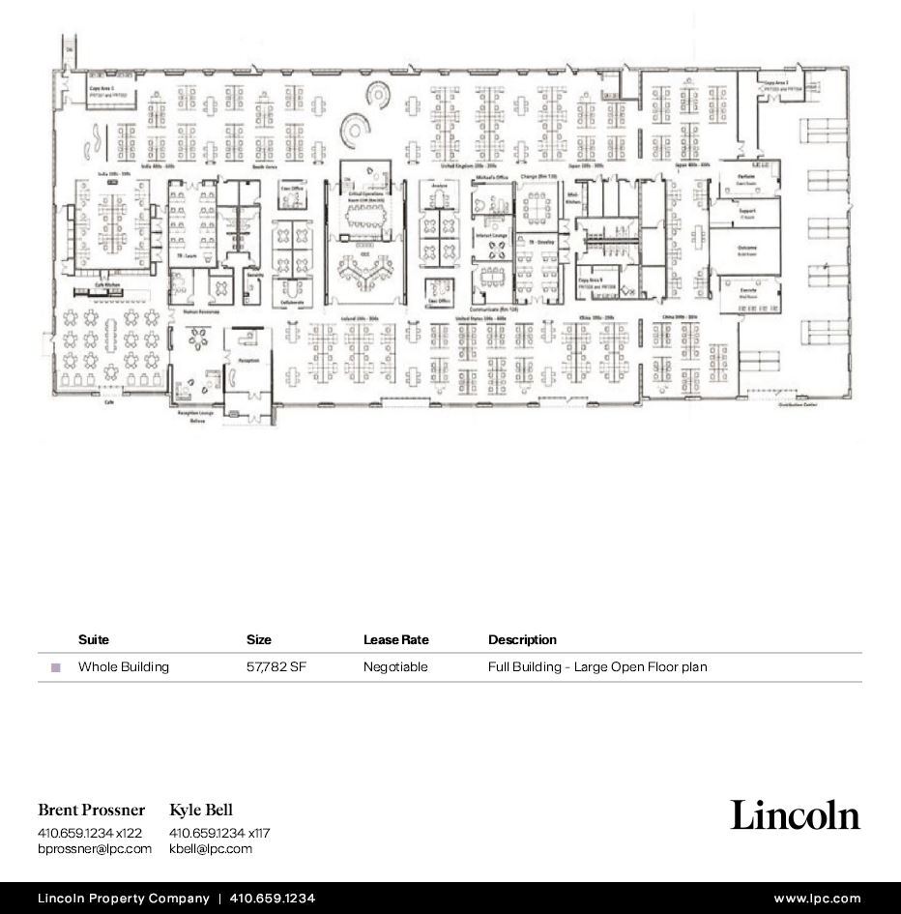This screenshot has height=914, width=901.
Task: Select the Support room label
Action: [746, 210]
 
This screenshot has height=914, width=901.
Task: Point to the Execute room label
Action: [747, 290]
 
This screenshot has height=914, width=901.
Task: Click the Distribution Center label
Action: [798, 405]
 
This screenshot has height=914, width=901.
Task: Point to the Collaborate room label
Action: [292, 302]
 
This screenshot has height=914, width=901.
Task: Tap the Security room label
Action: [254, 275]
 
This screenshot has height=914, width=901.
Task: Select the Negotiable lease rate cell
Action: [394, 666]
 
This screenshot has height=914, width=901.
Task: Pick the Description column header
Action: [522, 639]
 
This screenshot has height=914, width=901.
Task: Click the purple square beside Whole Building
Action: [55, 667]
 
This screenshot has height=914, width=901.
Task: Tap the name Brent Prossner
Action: [92, 810]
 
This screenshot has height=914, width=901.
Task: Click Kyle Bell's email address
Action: [210, 848]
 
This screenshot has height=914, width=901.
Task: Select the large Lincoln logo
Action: [795, 814]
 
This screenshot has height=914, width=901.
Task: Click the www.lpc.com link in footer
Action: [816, 899]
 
